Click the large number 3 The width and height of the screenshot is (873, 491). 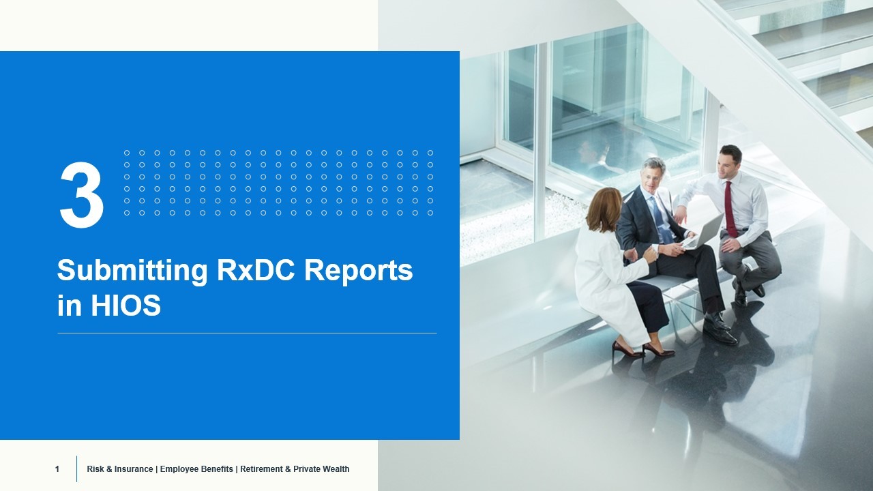[82, 196]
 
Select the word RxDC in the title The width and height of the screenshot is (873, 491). [256, 271]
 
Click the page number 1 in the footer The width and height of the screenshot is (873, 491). [57, 469]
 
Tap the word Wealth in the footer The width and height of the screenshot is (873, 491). [335, 469]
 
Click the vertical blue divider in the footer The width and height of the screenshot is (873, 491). [76, 469]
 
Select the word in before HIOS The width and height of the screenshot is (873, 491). [69, 306]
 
